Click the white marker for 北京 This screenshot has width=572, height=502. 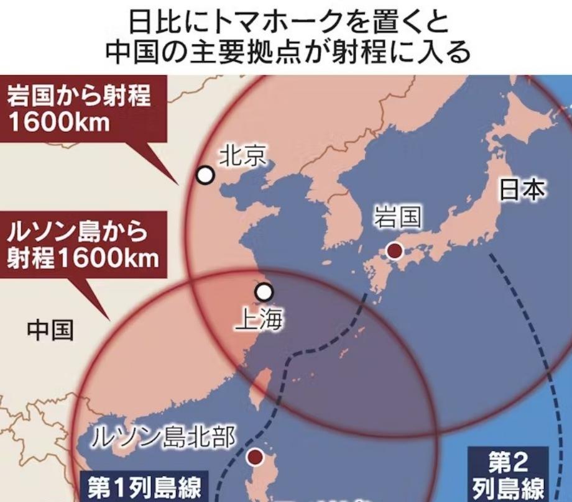[x=205, y=176]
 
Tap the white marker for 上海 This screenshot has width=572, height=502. [x=264, y=291]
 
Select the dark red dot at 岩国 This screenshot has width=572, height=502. [x=394, y=251]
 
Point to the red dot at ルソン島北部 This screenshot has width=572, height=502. [x=254, y=459]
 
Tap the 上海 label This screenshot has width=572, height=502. [x=260, y=320]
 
